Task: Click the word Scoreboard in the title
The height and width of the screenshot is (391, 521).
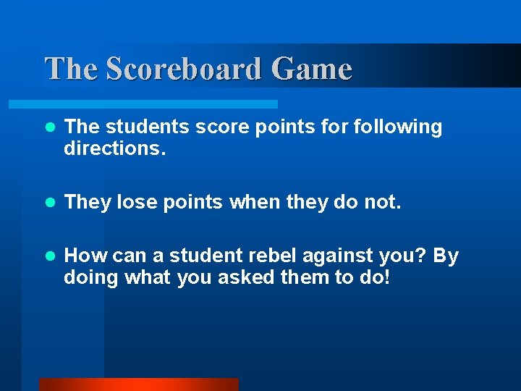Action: (184, 70)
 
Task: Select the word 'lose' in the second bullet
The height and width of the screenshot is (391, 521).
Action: (137, 203)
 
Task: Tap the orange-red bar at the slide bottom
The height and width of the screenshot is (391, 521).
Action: (138, 384)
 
